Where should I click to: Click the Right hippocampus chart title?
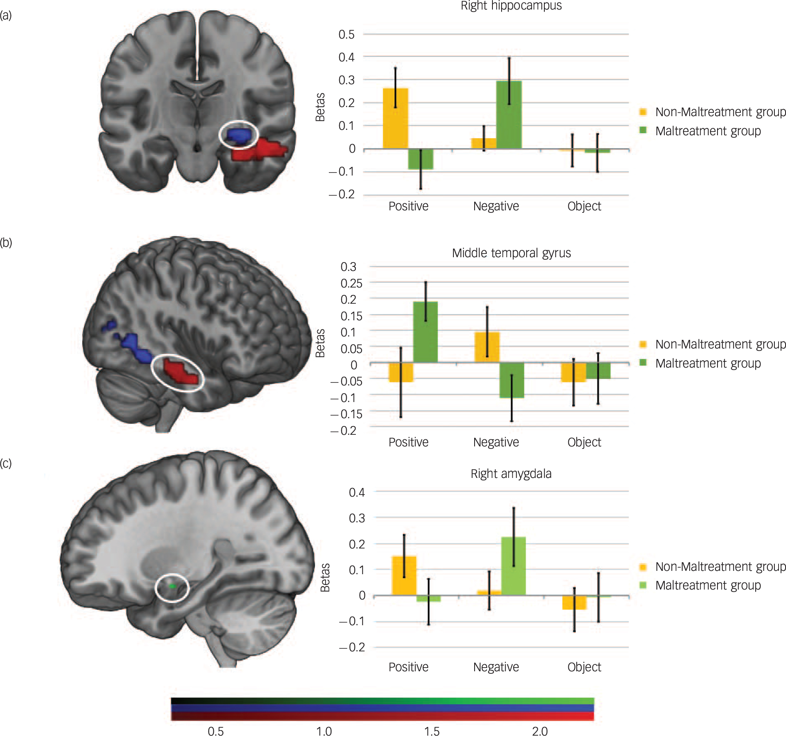click(511, 6)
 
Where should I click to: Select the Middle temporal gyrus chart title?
click(511, 253)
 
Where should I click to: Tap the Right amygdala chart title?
click(511, 473)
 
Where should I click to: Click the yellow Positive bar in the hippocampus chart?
click(395, 118)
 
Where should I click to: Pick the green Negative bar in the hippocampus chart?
click(509, 115)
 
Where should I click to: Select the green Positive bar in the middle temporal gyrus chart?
click(425, 332)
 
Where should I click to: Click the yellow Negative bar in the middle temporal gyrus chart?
click(487, 347)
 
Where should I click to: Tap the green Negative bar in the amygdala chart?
click(513, 566)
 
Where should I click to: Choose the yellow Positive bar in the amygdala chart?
click(404, 575)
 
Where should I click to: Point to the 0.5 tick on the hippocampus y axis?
click(346, 34)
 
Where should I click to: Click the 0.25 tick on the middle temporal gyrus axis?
click(351, 283)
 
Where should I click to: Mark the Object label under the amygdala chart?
click(584, 667)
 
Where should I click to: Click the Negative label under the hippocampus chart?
click(496, 206)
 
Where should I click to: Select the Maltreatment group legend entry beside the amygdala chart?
click(708, 585)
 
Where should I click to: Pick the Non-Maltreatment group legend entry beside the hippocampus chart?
click(720, 112)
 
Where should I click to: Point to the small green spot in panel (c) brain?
click(172, 586)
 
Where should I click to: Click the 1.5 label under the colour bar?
click(432, 731)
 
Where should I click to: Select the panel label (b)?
click(6, 242)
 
